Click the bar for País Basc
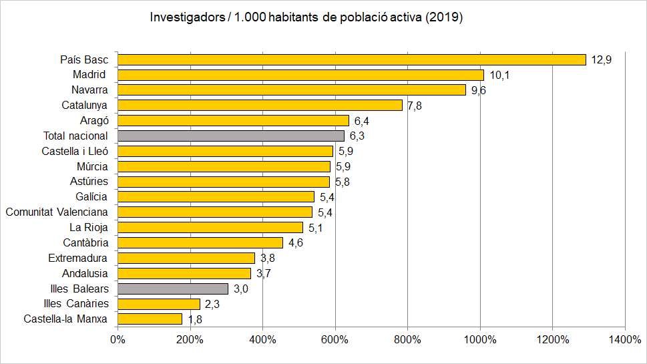351,59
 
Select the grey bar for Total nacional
231,136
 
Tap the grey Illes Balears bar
173,289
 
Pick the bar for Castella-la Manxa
150,319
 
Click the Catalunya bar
260,105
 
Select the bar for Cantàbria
200,242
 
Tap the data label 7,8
414,106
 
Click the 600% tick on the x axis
335,340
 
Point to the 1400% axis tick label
624,340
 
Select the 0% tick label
118,340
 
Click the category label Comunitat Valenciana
57,212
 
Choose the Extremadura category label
77,258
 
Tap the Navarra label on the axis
89,89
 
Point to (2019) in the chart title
444,18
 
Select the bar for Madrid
300,75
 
